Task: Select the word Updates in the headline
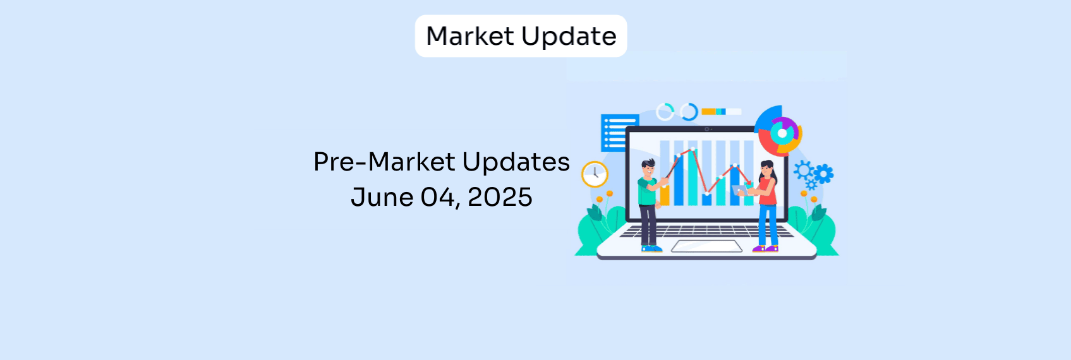point(516,163)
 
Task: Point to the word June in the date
point(382,197)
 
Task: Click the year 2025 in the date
point(500,197)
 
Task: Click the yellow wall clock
point(595,174)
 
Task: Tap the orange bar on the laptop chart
point(665,196)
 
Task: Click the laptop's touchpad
point(706,246)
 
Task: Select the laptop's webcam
point(707,129)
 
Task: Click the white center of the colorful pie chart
point(782,133)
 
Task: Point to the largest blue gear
point(824,174)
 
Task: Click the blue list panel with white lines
point(620,133)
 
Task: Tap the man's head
point(648,168)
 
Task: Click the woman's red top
point(768,191)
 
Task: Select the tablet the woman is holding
point(740,190)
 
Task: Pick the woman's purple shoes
point(765,249)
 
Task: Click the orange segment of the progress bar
point(708,112)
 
